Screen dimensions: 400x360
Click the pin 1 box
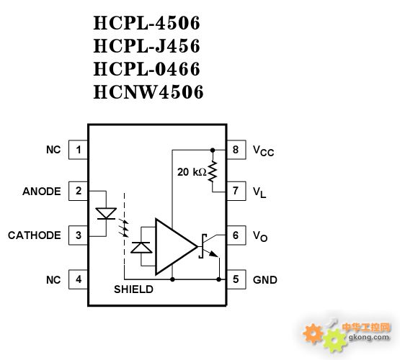click(x=78, y=150)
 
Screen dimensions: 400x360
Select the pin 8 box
click(x=236, y=150)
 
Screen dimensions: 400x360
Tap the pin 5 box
click(x=236, y=279)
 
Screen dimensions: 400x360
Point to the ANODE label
click(x=42, y=191)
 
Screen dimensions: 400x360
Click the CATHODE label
click(x=35, y=235)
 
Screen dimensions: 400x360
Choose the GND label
click(x=265, y=280)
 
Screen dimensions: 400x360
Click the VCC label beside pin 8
click(x=263, y=150)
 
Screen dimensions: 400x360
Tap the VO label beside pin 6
click(x=260, y=236)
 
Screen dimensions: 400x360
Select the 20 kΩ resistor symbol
click(x=212, y=171)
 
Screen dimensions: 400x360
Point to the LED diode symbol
click(x=106, y=214)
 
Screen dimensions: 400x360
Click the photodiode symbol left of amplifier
click(x=141, y=248)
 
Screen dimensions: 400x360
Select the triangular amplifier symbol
click(x=176, y=247)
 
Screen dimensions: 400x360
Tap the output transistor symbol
click(x=209, y=246)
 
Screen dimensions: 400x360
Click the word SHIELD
click(x=133, y=289)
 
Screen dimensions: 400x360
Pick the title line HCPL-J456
click(x=147, y=46)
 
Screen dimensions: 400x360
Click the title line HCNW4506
click(x=148, y=91)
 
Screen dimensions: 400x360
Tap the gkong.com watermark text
click(x=369, y=338)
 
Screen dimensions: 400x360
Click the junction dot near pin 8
click(x=212, y=150)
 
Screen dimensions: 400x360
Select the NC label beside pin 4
click(x=53, y=280)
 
